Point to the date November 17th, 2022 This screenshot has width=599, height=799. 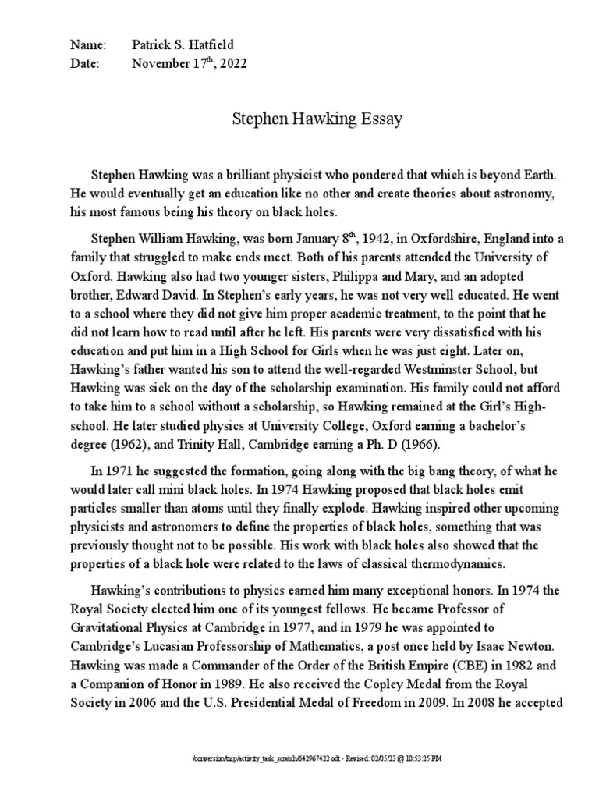point(190,65)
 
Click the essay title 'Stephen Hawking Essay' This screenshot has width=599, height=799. point(317,119)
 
